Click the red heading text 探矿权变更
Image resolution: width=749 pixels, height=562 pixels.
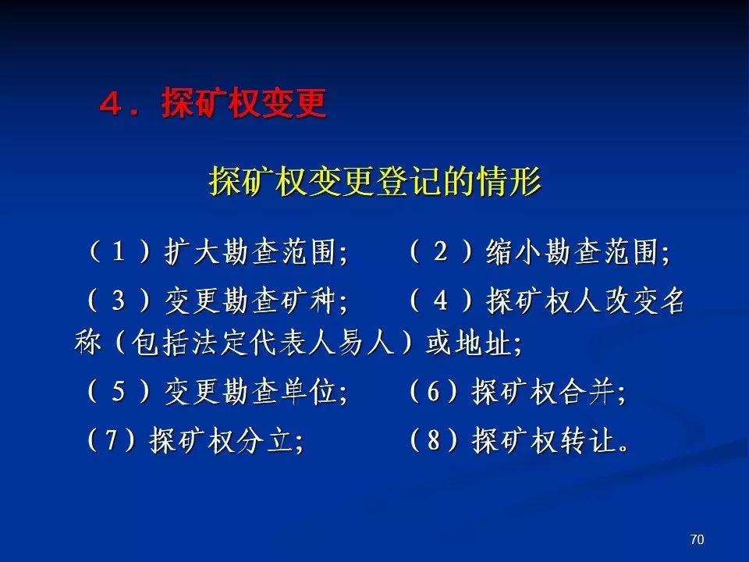point(244,103)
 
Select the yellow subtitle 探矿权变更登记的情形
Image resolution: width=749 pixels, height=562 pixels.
point(375,181)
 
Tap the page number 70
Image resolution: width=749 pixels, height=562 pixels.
point(697,539)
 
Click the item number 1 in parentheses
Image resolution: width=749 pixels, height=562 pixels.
point(119,251)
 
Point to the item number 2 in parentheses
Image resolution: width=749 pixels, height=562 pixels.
point(440,251)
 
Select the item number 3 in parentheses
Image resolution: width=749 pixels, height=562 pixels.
point(119,301)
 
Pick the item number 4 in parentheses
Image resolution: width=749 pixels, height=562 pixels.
point(440,301)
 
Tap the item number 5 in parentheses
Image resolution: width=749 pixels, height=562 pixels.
point(119,391)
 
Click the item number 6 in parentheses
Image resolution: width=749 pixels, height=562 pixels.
point(433,391)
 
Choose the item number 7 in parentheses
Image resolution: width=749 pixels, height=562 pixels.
point(111,439)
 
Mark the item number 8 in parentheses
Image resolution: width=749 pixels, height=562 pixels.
point(433,439)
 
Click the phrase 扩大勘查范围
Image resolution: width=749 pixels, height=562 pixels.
point(250,251)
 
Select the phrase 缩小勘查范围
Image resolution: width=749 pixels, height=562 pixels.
point(572,251)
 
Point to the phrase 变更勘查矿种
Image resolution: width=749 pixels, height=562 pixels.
point(250,301)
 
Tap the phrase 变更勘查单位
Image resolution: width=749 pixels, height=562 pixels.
point(250,392)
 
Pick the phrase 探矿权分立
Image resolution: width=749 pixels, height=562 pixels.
point(220,439)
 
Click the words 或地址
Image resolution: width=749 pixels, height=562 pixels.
point(468,342)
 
